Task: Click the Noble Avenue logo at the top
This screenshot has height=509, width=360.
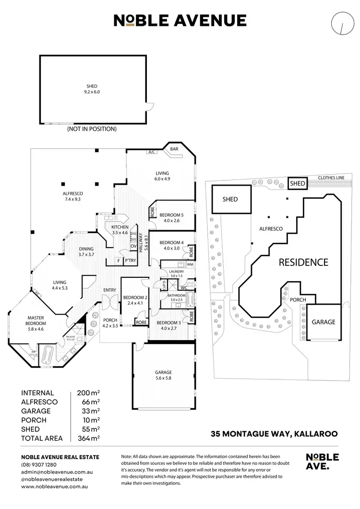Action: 180,21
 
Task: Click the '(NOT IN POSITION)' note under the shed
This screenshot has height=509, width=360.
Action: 92,129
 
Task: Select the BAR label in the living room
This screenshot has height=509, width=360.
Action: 174,149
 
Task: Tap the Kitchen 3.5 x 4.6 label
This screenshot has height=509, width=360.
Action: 119,229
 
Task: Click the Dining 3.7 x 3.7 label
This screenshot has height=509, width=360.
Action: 86,251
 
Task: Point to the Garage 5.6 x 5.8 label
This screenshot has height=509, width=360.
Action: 163,375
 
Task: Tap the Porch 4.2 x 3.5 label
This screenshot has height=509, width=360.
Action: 110,323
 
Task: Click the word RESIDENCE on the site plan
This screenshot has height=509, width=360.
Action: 304,262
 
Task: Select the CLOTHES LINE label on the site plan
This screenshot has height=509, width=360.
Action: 331,178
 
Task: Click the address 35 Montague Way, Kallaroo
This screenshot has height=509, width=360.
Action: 274,434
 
